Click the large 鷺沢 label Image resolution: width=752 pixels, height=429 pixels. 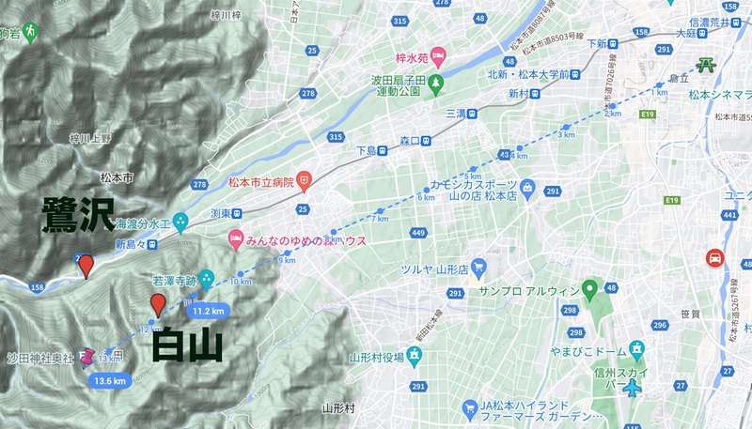point(77,216)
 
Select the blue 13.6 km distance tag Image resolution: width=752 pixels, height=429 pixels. point(110,380)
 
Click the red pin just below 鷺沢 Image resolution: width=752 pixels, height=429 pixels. point(86,267)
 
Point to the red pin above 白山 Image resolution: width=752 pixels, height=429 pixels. point(159,305)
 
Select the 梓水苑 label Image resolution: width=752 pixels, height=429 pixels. point(413,57)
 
